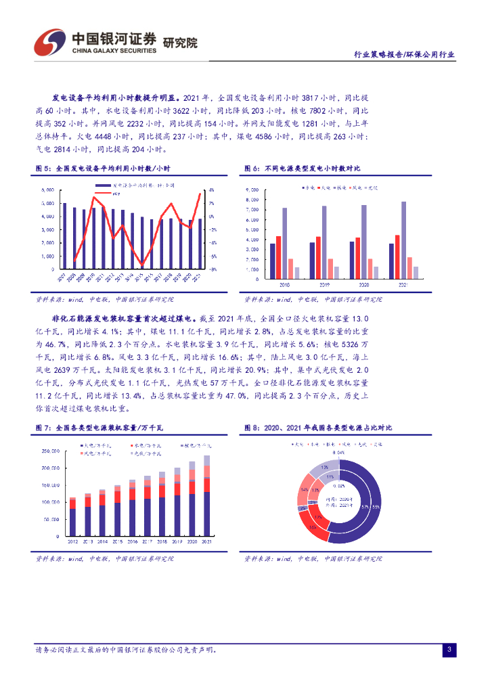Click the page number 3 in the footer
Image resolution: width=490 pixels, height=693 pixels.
pos(448,650)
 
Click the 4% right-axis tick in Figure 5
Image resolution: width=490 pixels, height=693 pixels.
pos(211,190)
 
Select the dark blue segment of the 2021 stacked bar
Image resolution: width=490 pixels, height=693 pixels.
pos(206,514)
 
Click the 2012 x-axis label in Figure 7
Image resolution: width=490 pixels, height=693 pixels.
pos(72,542)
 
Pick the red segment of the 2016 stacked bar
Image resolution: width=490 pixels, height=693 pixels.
pos(132,493)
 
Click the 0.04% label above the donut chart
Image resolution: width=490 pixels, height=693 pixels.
pos(340,451)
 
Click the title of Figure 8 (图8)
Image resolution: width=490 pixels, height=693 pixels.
pos(317,428)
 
